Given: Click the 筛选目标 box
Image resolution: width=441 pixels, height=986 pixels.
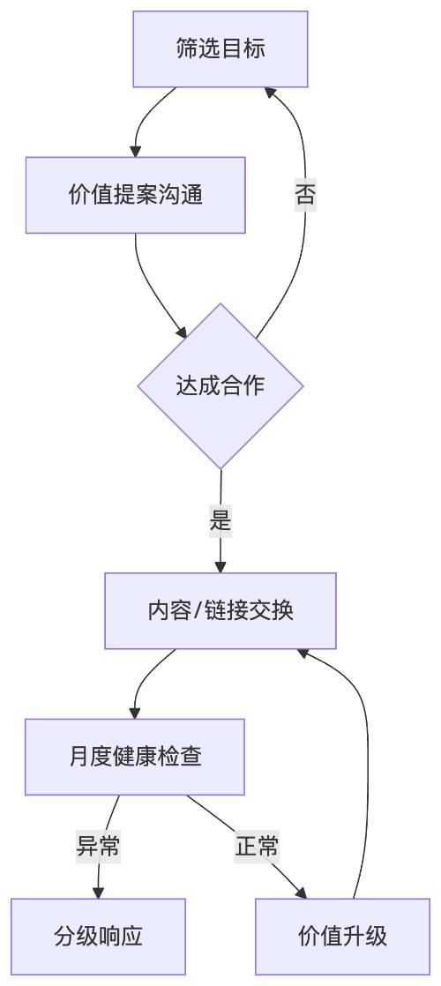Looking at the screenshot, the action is [x=220, y=49].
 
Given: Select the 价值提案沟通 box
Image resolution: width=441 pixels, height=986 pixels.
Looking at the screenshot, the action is [x=135, y=195].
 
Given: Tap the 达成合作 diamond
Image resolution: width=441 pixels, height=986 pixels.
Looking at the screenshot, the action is [x=220, y=386].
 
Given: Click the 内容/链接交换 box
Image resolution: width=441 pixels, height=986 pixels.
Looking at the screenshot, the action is [x=220, y=610].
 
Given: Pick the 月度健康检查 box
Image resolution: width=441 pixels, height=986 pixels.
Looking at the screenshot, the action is [x=135, y=757].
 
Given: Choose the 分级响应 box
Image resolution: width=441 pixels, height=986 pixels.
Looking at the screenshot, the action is [x=98, y=937].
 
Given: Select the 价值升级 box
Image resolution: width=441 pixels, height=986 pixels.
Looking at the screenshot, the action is [x=342, y=937].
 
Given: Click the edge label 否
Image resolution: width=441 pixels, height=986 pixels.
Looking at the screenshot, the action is [x=305, y=194].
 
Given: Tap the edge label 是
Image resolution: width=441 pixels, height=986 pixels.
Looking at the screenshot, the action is [x=220, y=520].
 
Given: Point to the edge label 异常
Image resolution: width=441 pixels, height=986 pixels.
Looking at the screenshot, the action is [x=98, y=847].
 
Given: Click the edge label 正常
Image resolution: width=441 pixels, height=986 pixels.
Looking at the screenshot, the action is [x=257, y=847].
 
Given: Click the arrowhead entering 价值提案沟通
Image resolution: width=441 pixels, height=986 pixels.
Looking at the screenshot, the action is [x=135, y=152].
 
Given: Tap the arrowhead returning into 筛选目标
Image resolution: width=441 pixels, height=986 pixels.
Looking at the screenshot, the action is [x=270, y=92].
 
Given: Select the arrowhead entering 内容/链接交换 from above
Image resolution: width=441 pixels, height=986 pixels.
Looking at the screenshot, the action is [x=220, y=567].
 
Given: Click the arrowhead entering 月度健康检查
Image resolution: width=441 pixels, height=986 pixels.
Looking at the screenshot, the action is [x=135, y=713].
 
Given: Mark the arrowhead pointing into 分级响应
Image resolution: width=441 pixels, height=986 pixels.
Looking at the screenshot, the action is [x=98, y=893].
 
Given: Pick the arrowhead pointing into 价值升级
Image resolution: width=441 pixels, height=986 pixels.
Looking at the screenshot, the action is [x=301, y=893].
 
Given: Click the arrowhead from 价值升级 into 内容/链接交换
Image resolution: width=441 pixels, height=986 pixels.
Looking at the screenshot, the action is [x=303, y=654].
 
